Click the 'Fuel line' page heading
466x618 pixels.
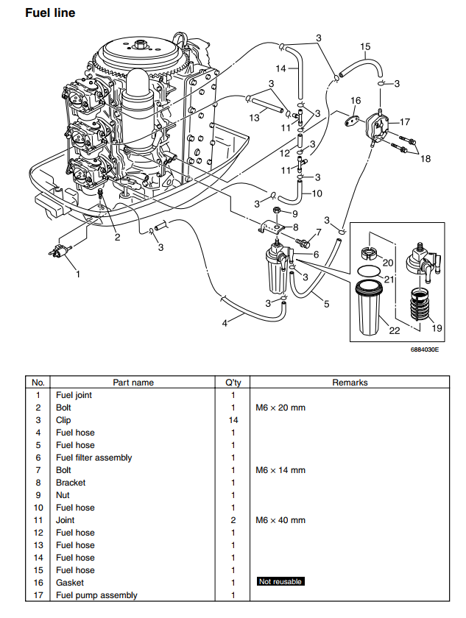coord(50,13)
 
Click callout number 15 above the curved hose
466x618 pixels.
coord(365,46)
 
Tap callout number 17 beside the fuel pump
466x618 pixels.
coord(405,122)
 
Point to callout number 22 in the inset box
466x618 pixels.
coord(395,330)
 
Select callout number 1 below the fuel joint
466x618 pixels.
coord(78,274)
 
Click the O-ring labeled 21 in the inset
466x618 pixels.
coord(369,271)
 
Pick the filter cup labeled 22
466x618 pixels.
coord(369,308)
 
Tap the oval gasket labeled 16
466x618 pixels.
coord(353,120)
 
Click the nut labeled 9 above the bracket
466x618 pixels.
coord(278,210)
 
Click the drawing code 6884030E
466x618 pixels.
coord(424,349)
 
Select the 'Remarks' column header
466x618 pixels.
coord(350,383)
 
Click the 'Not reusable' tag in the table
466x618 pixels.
coord(280,581)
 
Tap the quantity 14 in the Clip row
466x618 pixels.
coord(233,420)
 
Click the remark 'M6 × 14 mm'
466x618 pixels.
coord(280,470)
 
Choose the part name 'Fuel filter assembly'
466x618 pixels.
coord(93,458)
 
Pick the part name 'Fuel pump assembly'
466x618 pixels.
coord(96,595)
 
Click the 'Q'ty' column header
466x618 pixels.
coord(233,383)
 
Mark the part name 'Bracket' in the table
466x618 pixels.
coord(71,483)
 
